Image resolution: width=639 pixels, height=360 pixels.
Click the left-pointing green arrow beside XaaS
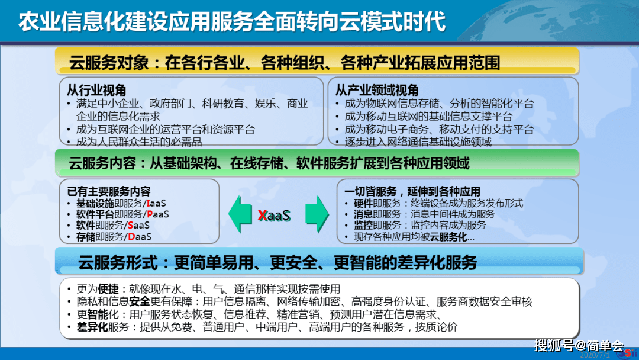pyautogui.click(x=241, y=214)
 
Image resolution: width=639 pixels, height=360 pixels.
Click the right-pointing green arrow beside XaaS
pyautogui.click(x=316, y=214)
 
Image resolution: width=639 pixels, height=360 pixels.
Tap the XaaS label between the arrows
pyautogui.click(x=274, y=215)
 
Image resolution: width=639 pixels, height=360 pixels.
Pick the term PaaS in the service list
pyautogui.click(x=157, y=214)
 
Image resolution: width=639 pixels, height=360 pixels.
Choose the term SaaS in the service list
pyautogui.click(x=138, y=225)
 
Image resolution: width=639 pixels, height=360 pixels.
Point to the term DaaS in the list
pyautogui.click(x=140, y=236)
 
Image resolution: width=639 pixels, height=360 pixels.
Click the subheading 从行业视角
pyautogui.click(x=96, y=91)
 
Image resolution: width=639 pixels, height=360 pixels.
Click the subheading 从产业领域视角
pyautogui.click(x=377, y=91)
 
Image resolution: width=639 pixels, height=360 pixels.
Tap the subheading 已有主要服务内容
pyautogui.click(x=109, y=191)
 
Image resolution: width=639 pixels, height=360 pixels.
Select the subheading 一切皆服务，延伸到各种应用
pyautogui.click(x=412, y=191)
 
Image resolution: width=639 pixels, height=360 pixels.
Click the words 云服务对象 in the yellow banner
pyautogui.click(x=106, y=63)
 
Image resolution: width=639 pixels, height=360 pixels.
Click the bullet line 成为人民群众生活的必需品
pyautogui.click(x=139, y=142)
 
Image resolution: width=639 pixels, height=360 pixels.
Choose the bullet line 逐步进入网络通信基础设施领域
pyautogui.click(x=418, y=142)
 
